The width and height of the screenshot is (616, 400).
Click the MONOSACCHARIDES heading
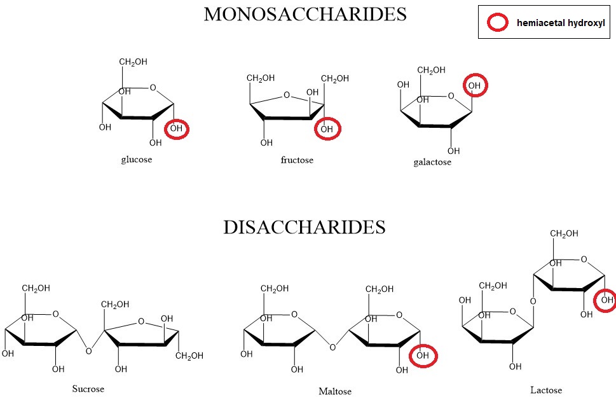[x=305, y=14]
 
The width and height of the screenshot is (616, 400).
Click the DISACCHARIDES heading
[x=304, y=227]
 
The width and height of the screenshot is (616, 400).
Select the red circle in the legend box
[x=497, y=23]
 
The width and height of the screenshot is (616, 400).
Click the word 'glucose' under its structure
[x=137, y=159]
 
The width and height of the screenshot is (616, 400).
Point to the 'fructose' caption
[x=297, y=160]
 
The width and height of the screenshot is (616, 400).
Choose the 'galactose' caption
[x=432, y=162]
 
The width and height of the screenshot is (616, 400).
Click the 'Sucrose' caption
[x=88, y=388]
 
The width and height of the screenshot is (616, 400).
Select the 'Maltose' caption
[x=335, y=390]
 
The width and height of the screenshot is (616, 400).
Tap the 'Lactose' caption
[x=546, y=390]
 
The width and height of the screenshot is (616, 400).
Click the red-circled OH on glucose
[x=176, y=129]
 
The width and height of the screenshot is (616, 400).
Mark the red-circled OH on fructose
[x=327, y=129]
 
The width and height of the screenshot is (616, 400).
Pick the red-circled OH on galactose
[x=474, y=85]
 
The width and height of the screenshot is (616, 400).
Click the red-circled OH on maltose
[x=423, y=355]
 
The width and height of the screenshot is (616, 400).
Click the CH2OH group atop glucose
[x=133, y=62]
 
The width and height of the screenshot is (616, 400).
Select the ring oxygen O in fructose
[x=287, y=96]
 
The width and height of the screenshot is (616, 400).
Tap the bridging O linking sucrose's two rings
[x=88, y=350]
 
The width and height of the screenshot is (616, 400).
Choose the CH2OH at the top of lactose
[x=564, y=233]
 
